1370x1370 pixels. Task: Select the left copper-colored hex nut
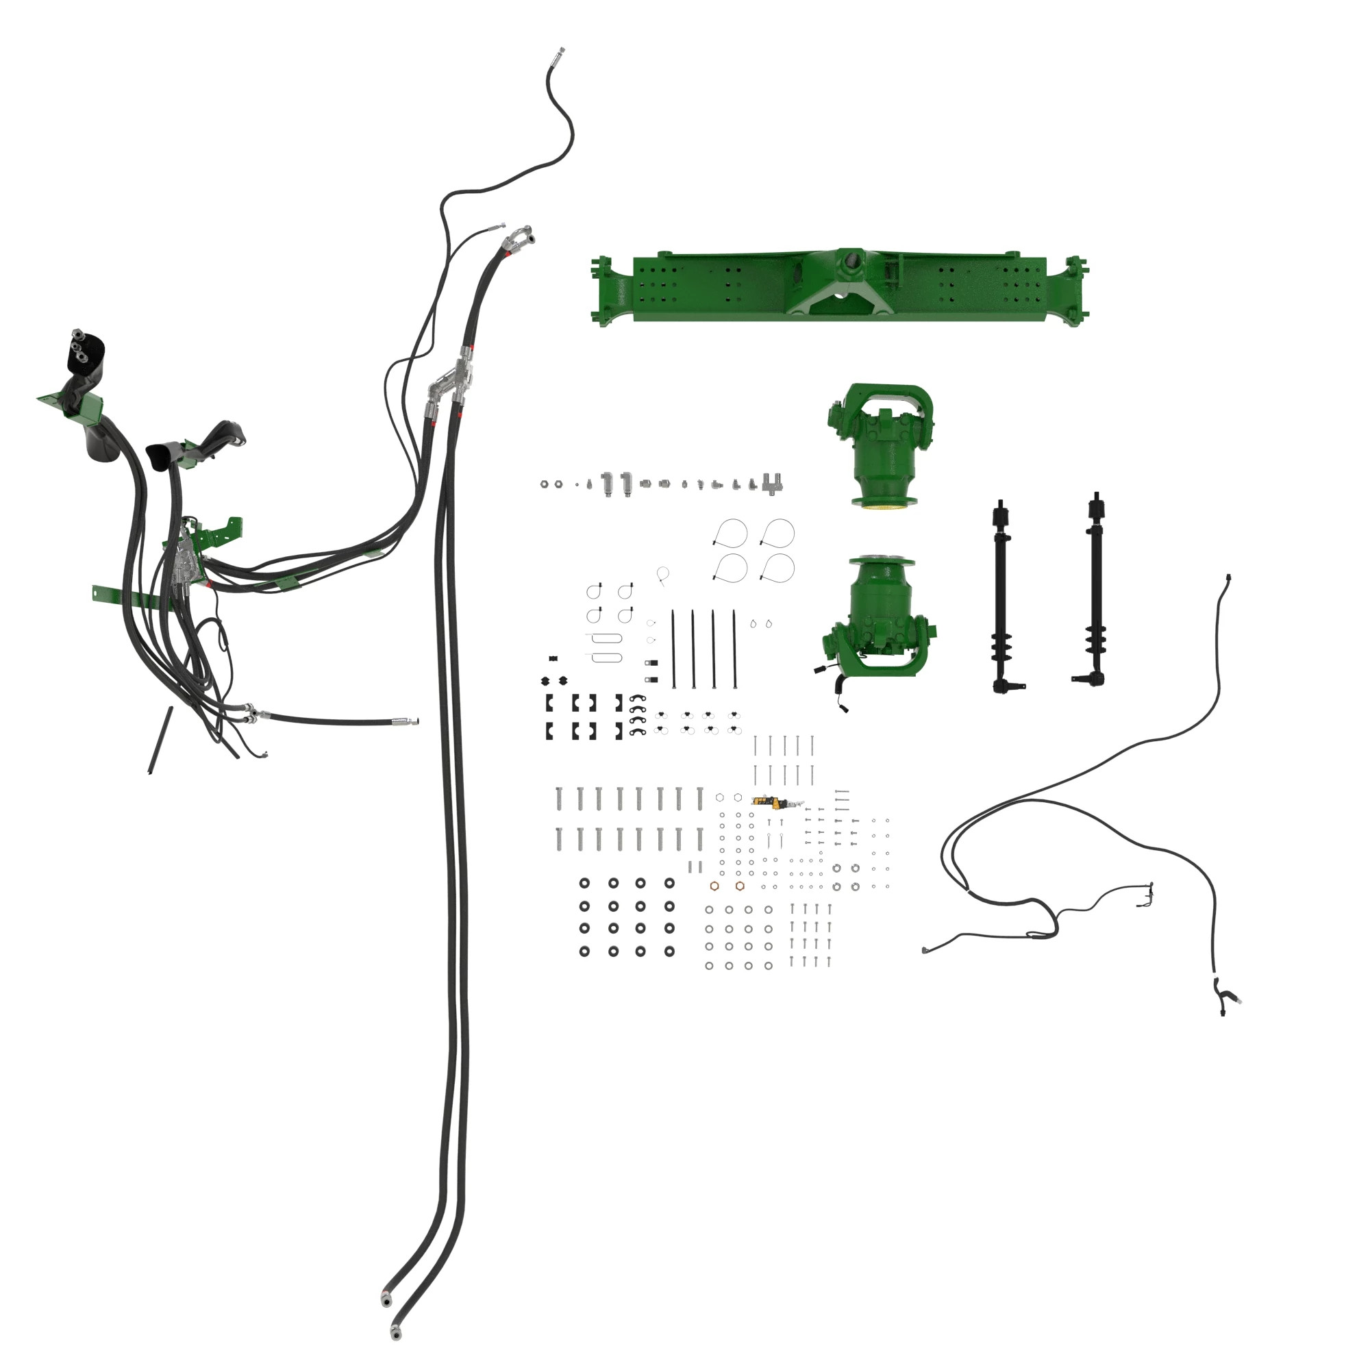[x=714, y=886]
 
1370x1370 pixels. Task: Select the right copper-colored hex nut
[x=740, y=886]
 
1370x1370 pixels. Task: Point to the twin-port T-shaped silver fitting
[x=772, y=484]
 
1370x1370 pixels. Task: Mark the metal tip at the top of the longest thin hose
[x=560, y=53]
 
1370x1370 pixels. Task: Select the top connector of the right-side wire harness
[x=1228, y=578]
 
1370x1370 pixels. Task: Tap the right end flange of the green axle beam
[x=1075, y=290]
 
